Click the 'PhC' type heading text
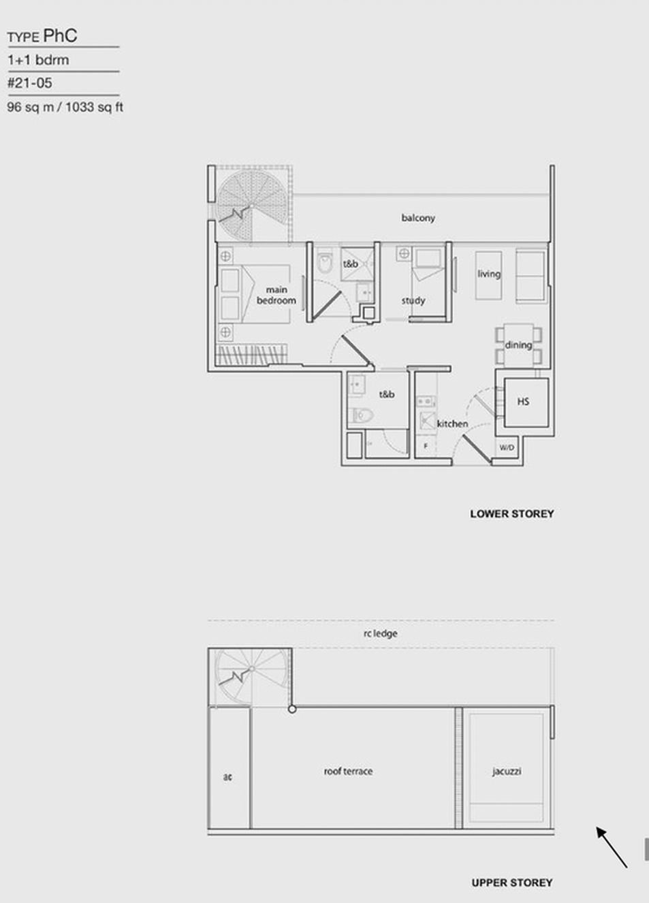pos(60,35)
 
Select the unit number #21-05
pos(30,83)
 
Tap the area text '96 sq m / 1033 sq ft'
pos(65,107)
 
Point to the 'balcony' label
pos(418,218)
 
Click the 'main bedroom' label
pos(276,295)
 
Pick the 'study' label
pos(413,301)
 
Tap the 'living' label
pos(489,274)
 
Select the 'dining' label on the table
pos(518,345)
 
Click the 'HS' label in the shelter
pos(523,402)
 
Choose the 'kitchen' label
pos(452,424)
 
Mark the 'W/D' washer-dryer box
pos(507,447)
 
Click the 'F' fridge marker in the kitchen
pos(426,446)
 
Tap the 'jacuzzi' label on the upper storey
pos(507,771)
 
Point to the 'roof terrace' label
pos(348,771)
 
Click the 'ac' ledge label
pos(227,777)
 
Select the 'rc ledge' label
pos(381,633)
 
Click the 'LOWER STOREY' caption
pos(512,514)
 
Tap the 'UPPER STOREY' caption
pos(512,883)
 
